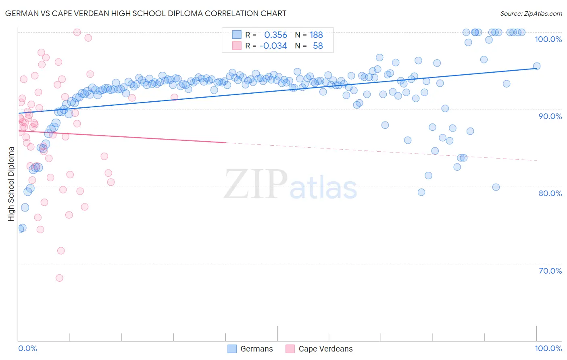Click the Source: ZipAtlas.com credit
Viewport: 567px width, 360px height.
point(531,13)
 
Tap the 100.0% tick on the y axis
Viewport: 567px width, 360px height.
point(548,39)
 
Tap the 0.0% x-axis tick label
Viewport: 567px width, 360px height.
point(27,348)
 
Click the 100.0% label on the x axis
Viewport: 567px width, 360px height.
point(548,348)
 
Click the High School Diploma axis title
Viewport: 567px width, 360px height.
point(11,184)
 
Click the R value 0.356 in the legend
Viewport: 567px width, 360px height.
point(275,35)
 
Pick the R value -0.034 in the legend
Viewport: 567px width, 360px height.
point(273,46)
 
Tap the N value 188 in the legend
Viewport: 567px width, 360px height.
point(316,35)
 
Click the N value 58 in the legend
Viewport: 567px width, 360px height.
point(318,46)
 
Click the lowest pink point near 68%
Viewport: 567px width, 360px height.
point(59,278)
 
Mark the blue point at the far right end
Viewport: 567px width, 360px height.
point(537,66)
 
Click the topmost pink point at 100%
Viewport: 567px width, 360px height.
point(77,32)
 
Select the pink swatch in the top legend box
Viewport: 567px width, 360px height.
point(237,46)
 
